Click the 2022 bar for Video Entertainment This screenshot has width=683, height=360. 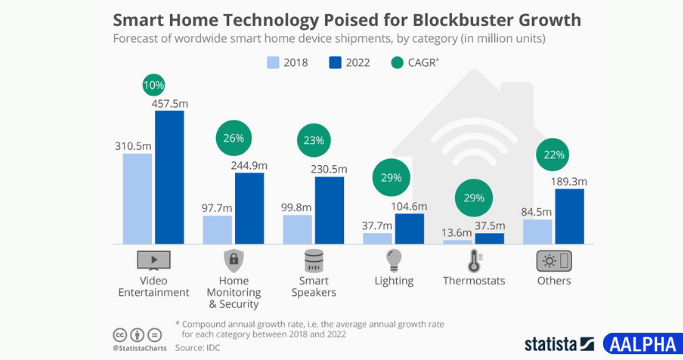point(169,177)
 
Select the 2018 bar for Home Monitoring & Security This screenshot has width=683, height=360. point(217,229)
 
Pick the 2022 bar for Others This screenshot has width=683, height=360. point(569,216)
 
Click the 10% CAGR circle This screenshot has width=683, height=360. point(154,87)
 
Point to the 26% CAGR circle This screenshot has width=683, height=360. point(233,138)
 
